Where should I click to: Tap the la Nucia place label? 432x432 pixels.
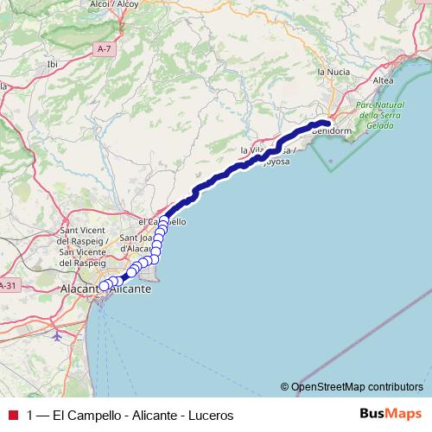click(333, 71)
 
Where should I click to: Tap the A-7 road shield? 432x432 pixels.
click(105, 50)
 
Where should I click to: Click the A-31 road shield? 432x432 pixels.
click(7, 286)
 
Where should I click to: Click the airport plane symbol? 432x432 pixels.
click(57, 334)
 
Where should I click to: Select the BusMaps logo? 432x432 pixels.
click(388, 415)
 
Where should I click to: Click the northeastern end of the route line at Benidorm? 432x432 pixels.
click(328, 123)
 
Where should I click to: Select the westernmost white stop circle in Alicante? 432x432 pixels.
click(103, 286)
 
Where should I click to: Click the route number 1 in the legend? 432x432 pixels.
click(31, 416)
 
